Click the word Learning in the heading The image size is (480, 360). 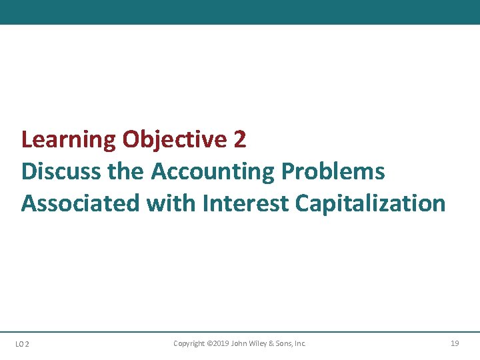pos(68,140)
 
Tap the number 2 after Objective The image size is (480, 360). pos(240,140)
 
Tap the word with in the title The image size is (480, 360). pos(169,203)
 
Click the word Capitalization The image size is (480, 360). pos(370,203)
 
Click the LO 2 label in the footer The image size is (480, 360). pos(21,344)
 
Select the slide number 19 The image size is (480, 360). pos(455,343)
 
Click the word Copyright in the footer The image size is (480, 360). pos(189,343)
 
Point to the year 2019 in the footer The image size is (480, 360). pos(221,343)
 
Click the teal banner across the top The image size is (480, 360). pos(240,12)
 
